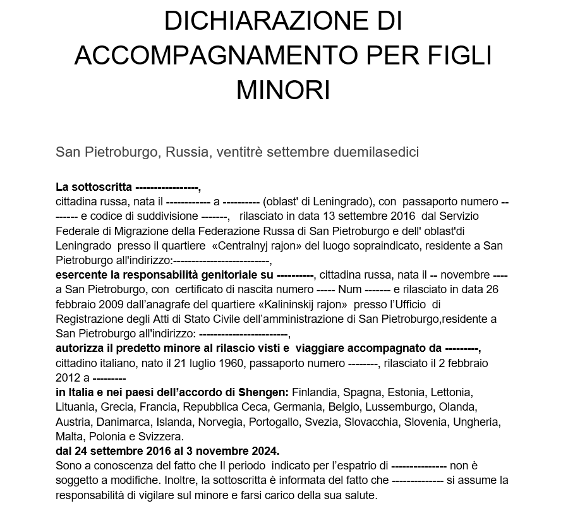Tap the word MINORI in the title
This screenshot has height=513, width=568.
coord(283,90)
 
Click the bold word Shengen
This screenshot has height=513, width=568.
coord(268,392)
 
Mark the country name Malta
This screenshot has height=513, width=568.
coord(68,437)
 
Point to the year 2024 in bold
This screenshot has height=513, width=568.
coord(265,451)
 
